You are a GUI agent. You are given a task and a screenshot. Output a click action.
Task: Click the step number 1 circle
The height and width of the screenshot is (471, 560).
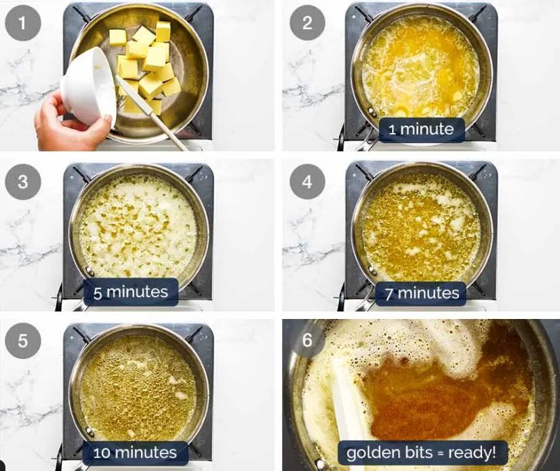[x=23, y=23]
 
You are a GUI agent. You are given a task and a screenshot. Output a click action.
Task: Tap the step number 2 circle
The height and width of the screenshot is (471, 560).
[x=307, y=23]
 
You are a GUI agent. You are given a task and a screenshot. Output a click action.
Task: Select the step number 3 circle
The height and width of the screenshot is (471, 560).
[x=23, y=182]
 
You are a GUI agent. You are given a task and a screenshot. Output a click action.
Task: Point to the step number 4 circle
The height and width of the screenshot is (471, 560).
[x=307, y=182]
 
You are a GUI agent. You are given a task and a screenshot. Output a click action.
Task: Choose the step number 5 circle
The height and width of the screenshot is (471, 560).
[x=23, y=341]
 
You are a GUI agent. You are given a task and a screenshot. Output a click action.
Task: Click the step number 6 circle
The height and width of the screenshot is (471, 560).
[x=307, y=340]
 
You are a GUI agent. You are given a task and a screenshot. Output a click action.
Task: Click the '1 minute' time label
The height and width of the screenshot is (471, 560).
[x=422, y=130]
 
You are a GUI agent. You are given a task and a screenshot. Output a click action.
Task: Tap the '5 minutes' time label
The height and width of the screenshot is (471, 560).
[x=131, y=293]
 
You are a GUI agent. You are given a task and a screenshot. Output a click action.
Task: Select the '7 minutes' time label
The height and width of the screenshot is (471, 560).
[x=422, y=294]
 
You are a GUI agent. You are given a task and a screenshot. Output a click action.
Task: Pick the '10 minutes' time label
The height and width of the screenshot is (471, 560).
[x=135, y=453]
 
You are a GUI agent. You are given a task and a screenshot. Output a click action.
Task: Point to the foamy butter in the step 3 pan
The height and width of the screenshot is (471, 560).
[x=138, y=226]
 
